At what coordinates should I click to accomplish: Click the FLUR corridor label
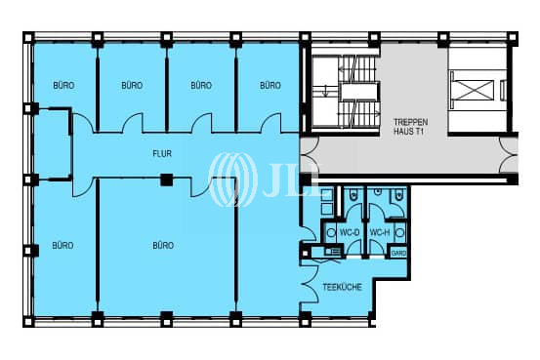click(x=162, y=153)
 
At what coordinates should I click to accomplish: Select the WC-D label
click(x=349, y=232)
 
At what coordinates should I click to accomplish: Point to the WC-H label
click(x=379, y=232)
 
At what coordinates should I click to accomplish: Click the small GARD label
click(x=398, y=252)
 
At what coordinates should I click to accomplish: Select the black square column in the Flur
click(x=167, y=179)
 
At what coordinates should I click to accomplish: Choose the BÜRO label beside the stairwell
click(x=270, y=86)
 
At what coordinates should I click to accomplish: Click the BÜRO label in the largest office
click(x=163, y=245)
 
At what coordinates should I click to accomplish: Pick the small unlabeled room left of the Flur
click(x=53, y=146)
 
